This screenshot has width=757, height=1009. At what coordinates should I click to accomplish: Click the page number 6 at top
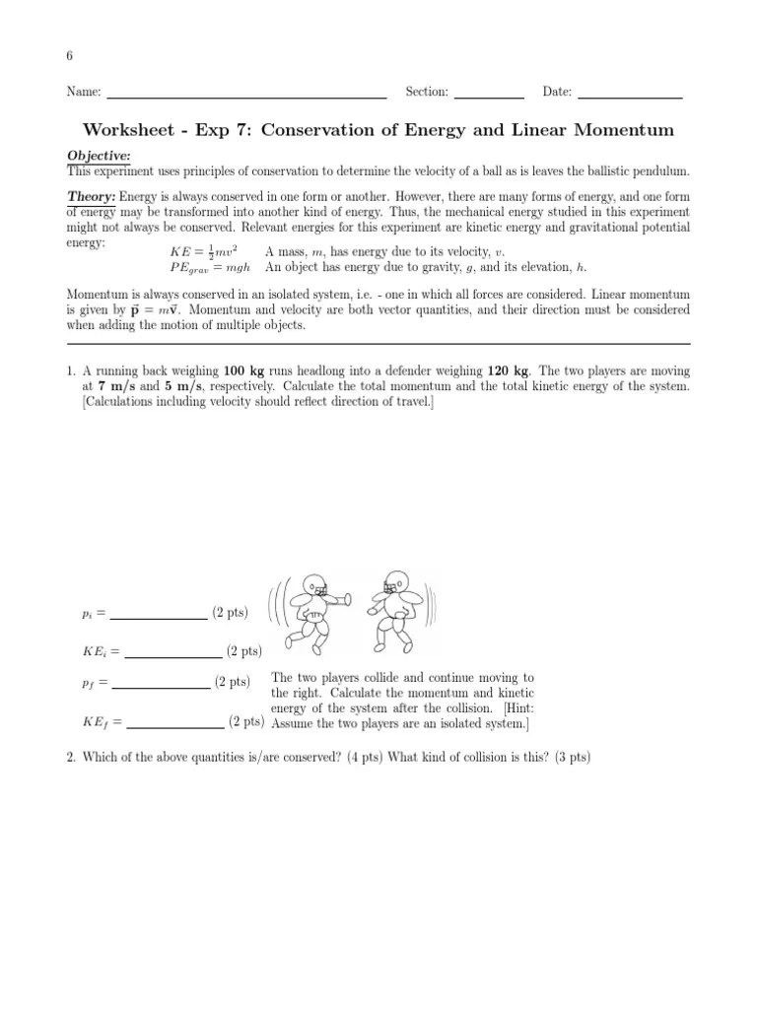tap(70, 55)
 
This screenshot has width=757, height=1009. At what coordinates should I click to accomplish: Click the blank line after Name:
tap(245, 97)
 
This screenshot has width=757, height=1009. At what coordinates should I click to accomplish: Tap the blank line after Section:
tap(490, 97)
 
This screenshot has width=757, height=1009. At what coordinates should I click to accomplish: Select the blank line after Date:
tap(630, 97)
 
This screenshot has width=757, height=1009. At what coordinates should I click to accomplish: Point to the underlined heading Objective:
tap(99, 157)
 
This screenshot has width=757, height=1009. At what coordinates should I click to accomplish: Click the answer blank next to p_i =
tap(158, 618)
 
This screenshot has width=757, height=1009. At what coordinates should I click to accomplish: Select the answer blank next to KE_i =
tap(172, 655)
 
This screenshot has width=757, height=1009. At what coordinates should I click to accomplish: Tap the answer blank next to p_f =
tap(162, 686)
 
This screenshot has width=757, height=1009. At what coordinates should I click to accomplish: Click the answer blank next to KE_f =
tap(175, 726)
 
